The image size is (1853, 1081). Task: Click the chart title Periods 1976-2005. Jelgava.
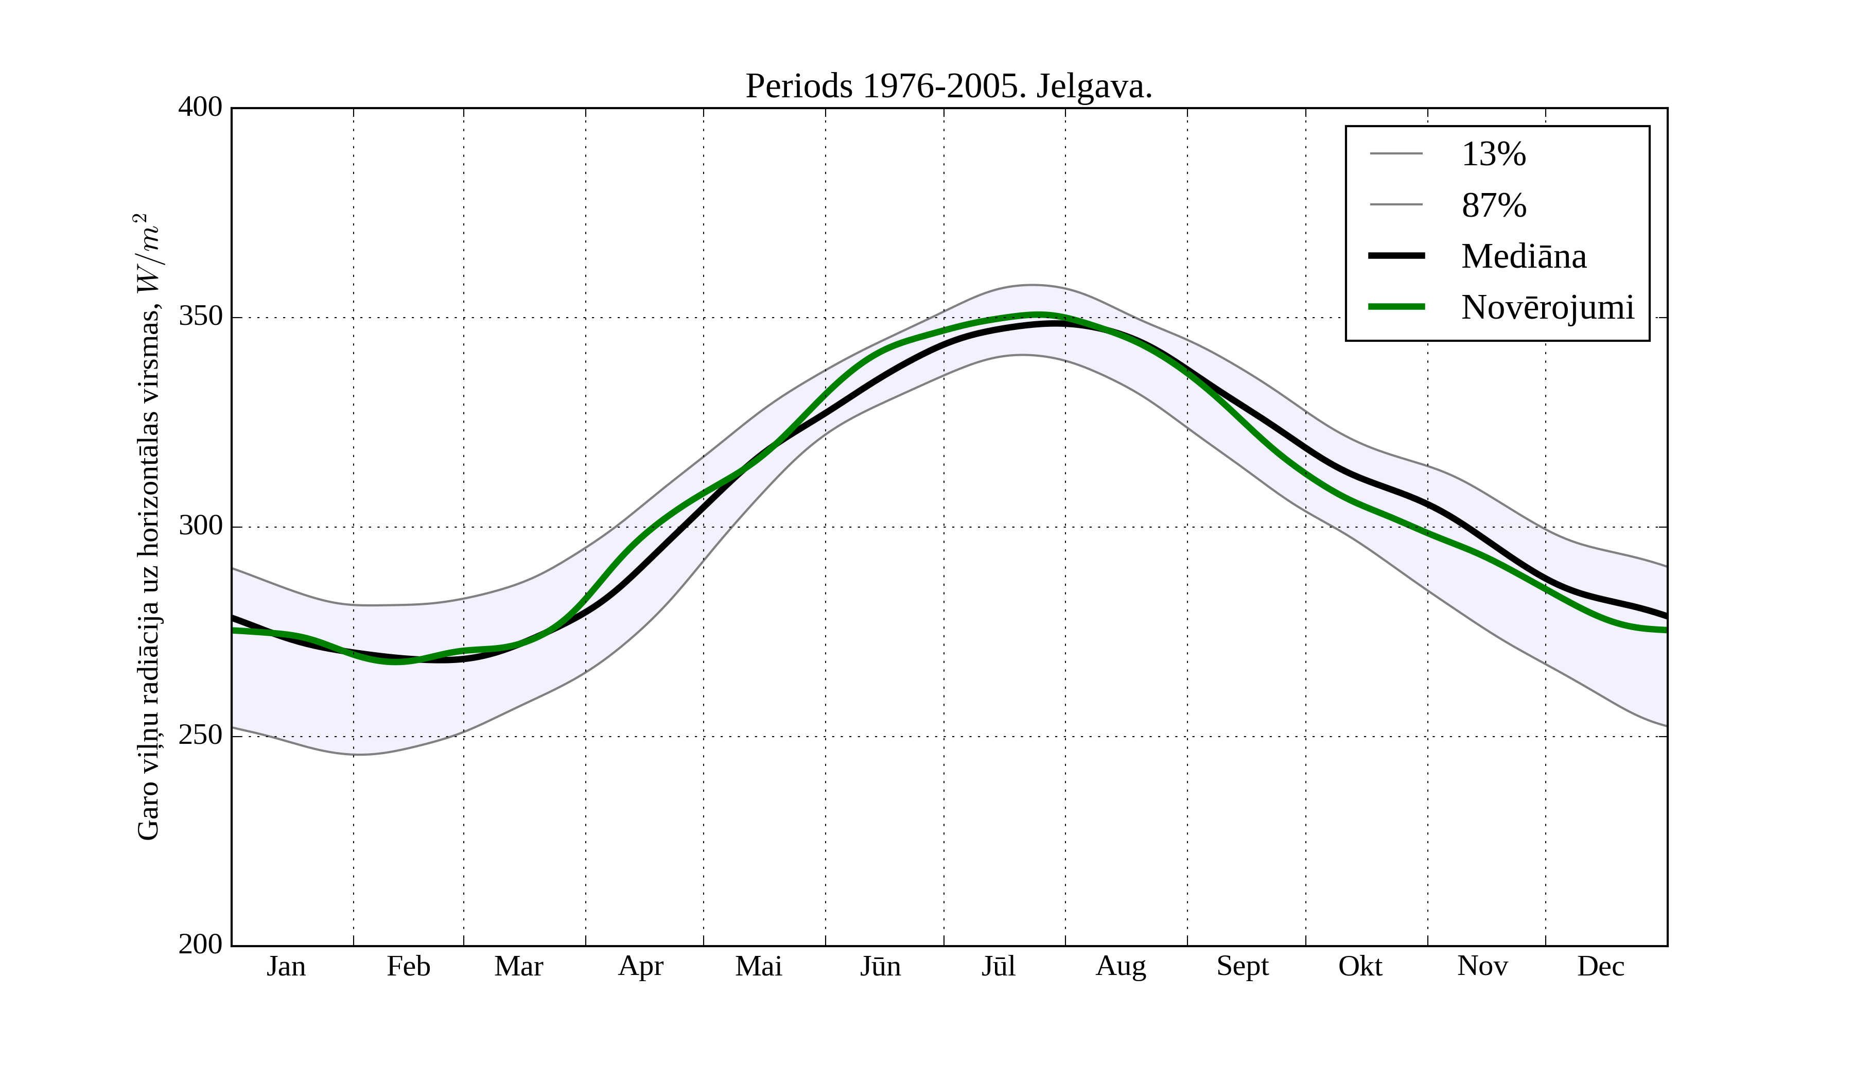[x=949, y=87]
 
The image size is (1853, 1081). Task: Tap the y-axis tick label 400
[x=200, y=108]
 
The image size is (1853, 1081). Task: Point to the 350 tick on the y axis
[x=200, y=317]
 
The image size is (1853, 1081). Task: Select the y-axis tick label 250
[x=200, y=736]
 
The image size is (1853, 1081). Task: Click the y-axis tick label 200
[x=200, y=944]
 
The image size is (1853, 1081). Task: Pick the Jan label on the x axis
[x=286, y=966]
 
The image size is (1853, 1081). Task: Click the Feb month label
[x=408, y=966]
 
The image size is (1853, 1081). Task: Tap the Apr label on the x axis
[x=640, y=966]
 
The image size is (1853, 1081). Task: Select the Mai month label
[x=758, y=966]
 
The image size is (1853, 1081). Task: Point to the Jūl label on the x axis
[x=999, y=966]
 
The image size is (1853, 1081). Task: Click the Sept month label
[x=1242, y=966]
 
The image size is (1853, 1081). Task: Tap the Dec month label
[x=1600, y=966]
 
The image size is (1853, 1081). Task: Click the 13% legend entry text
[x=1493, y=154]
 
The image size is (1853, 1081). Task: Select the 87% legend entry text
[x=1493, y=205]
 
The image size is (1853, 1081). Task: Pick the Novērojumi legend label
[x=1547, y=307]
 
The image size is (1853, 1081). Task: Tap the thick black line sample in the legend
[x=1395, y=256]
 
